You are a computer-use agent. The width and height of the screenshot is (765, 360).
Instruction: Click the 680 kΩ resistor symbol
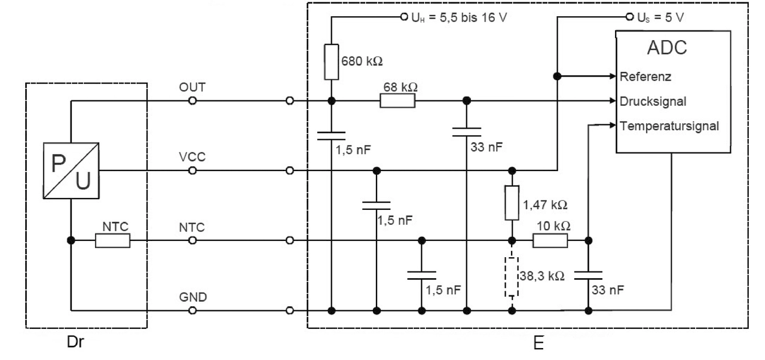coord(331,62)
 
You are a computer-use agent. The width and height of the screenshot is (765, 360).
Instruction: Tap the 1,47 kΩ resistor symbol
coord(512,204)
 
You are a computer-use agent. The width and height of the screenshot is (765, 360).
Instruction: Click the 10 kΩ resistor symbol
coord(550,240)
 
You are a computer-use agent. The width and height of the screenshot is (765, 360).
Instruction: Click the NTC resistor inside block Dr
coord(112,240)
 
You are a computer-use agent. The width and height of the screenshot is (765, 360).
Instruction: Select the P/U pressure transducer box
coord(71,170)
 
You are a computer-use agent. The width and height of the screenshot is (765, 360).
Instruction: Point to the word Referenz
coord(646,77)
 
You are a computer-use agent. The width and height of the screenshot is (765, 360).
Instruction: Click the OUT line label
coord(192,87)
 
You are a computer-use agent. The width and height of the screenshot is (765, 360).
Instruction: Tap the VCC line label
coord(192,157)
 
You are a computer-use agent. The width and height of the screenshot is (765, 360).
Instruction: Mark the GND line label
coord(192,297)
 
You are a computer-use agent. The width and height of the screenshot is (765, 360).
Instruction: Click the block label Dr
coord(72,345)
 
